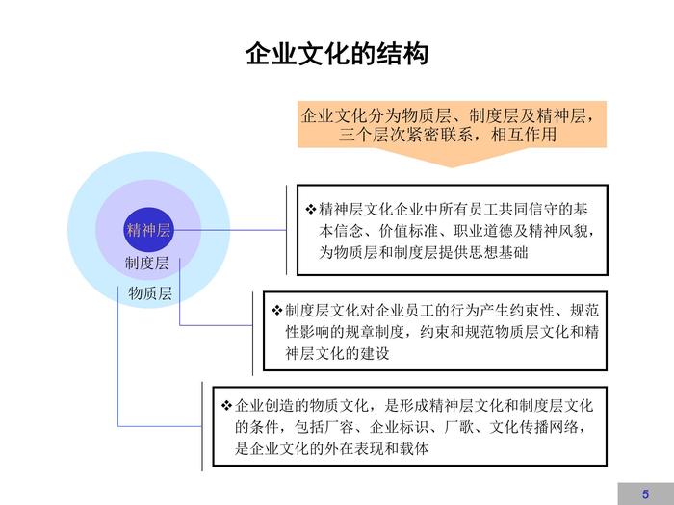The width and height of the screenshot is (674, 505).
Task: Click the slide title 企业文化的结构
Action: click(x=337, y=55)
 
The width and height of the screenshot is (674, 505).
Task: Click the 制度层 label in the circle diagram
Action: click(x=146, y=263)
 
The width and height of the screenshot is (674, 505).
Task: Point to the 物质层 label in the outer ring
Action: click(x=150, y=293)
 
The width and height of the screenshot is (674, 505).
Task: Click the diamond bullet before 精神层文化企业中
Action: click(x=310, y=209)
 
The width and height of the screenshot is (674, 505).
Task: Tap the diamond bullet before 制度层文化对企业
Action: click(x=277, y=310)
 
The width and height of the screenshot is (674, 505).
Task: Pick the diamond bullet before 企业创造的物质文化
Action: click(x=227, y=404)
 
